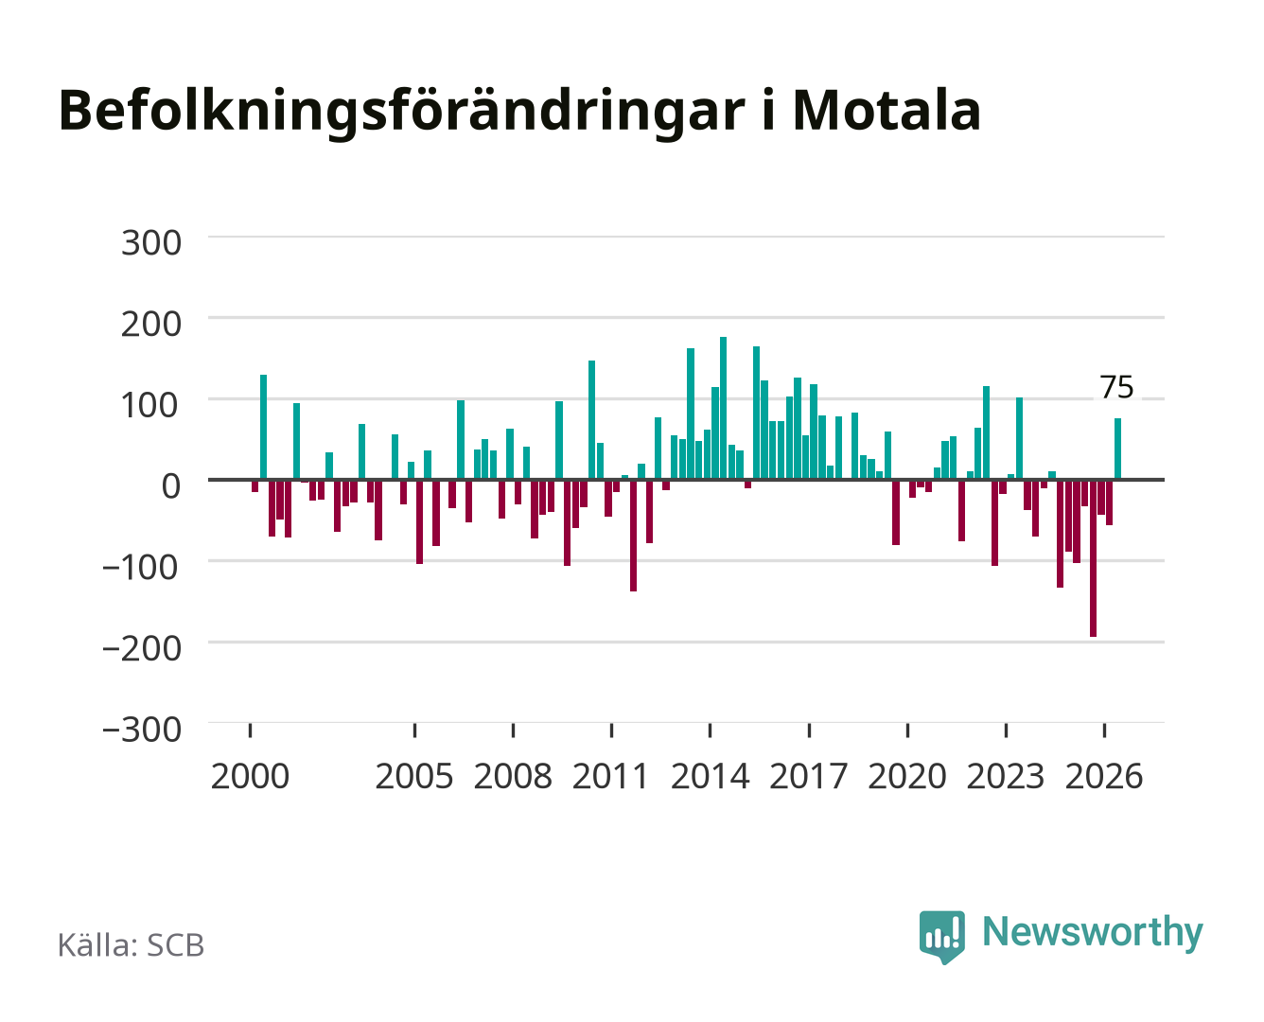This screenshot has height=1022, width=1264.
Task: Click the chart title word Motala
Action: tap(886, 111)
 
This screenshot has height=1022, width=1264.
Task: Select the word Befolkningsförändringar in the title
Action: tap(401, 114)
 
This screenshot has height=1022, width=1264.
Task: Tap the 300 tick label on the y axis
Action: tap(151, 243)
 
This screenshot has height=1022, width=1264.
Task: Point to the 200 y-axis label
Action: tap(151, 324)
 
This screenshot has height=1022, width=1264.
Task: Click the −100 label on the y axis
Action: tap(141, 568)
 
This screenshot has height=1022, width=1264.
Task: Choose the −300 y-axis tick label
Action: tap(141, 730)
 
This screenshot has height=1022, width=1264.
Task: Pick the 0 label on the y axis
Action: tap(171, 486)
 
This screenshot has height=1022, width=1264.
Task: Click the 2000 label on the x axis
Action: tap(250, 776)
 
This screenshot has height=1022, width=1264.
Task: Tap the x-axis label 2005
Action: tap(414, 776)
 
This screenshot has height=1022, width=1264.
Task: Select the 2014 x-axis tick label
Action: tap(710, 776)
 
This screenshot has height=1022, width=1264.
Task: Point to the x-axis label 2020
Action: tap(906, 776)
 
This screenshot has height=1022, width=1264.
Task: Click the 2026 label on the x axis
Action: tap(1104, 776)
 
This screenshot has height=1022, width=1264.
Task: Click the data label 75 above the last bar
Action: tap(1116, 388)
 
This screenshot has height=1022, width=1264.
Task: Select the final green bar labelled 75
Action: tap(1117, 449)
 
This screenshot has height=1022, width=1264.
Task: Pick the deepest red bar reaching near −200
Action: tap(1093, 558)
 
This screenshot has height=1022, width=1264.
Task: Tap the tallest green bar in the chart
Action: tap(723, 408)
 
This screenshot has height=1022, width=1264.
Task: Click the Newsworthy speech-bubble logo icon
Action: tap(941, 937)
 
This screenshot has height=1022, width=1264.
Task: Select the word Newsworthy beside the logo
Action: tap(1093, 933)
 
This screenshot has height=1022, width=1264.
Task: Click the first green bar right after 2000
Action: tap(263, 427)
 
